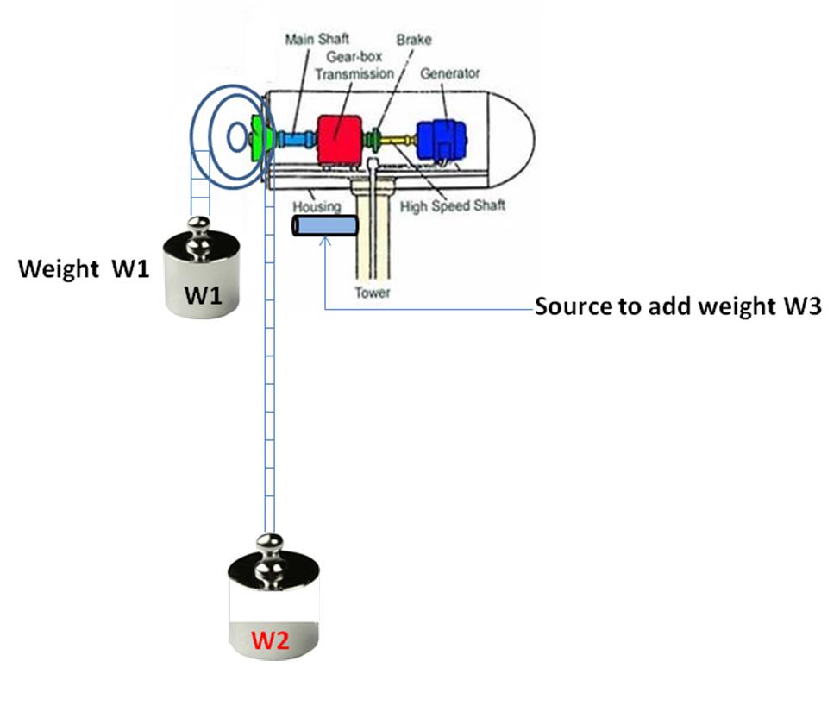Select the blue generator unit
441,138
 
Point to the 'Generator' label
449,73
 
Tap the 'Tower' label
373,293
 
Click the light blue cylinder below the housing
325,226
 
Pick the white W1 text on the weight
204,296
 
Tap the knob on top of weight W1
200,228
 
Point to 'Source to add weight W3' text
676,307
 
